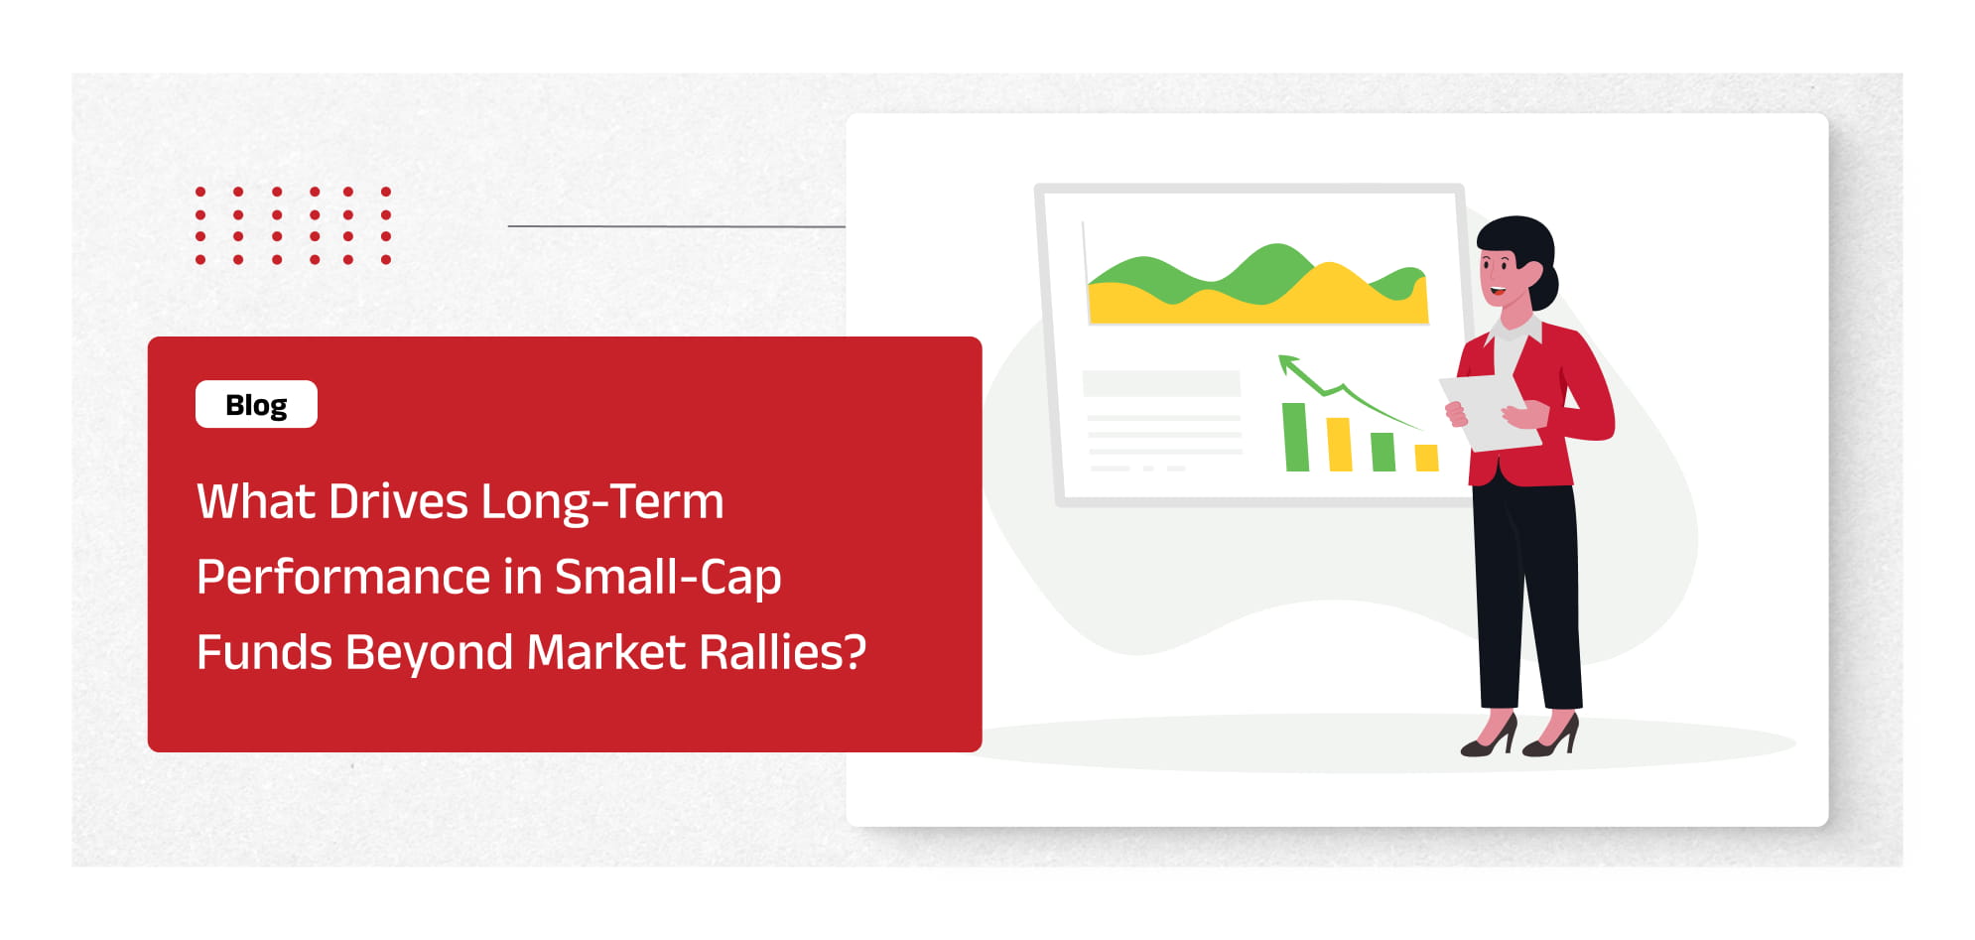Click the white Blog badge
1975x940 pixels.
point(256,404)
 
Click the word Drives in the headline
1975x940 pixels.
point(398,501)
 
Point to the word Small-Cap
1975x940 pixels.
point(668,578)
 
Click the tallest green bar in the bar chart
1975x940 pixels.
point(1295,437)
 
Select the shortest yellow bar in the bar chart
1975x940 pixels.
point(1426,458)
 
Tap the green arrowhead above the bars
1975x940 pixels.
point(1288,363)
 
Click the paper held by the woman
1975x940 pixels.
point(1490,411)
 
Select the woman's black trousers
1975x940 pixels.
point(1526,596)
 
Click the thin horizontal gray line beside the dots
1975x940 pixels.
point(677,226)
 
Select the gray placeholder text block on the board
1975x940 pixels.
point(1161,383)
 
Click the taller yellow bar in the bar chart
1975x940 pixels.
point(1339,445)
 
